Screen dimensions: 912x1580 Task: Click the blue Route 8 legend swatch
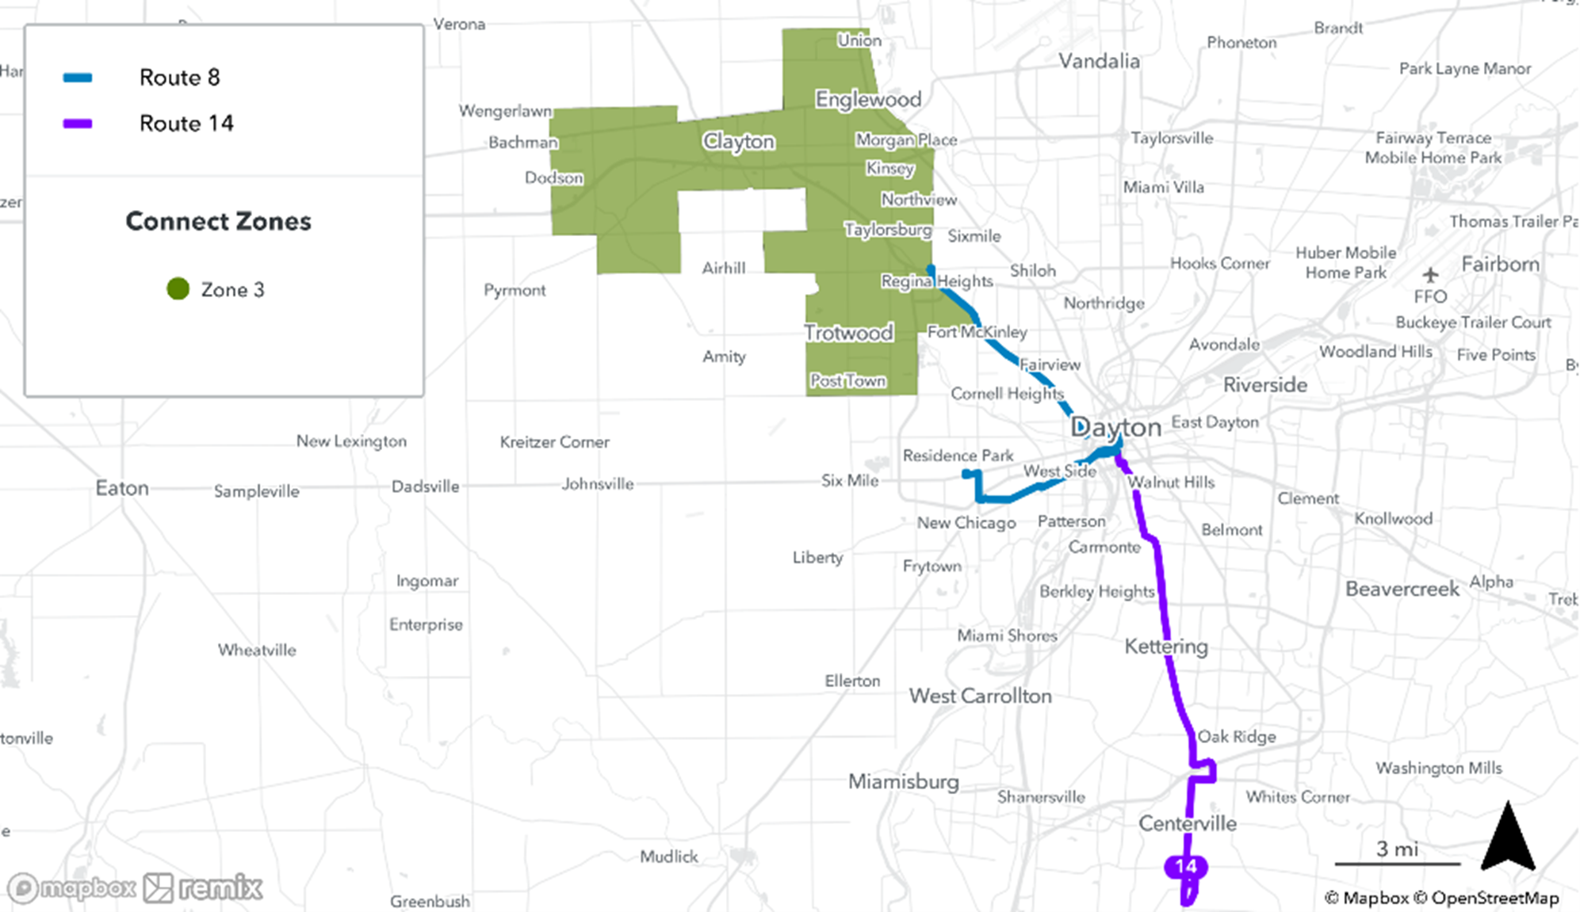(x=78, y=78)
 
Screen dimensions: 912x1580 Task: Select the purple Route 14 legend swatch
(x=78, y=124)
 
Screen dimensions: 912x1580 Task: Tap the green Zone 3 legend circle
(x=178, y=289)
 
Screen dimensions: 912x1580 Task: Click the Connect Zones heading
(x=218, y=221)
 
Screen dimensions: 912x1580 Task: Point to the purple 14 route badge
(x=1186, y=866)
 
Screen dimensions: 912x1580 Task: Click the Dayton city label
(x=1115, y=427)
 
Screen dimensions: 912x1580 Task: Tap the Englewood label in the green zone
(x=868, y=100)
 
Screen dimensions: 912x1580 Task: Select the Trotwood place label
(x=848, y=333)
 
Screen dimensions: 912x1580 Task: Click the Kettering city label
(x=1166, y=647)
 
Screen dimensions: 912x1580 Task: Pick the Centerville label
(x=1187, y=823)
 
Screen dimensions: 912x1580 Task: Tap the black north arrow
(x=1508, y=838)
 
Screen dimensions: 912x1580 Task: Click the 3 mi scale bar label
(x=1397, y=849)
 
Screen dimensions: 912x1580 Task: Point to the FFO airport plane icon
(x=1430, y=275)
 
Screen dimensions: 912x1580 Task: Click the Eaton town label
(x=122, y=488)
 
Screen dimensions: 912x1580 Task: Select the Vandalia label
(x=1099, y=61)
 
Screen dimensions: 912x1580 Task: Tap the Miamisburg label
(x=903, y=782)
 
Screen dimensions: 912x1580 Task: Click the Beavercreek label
(x=1402, y=589)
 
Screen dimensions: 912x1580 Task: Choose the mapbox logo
(x=71, y=888)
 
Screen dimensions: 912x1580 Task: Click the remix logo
(x=203, y=888)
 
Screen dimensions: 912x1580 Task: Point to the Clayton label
(x=738, y=142)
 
